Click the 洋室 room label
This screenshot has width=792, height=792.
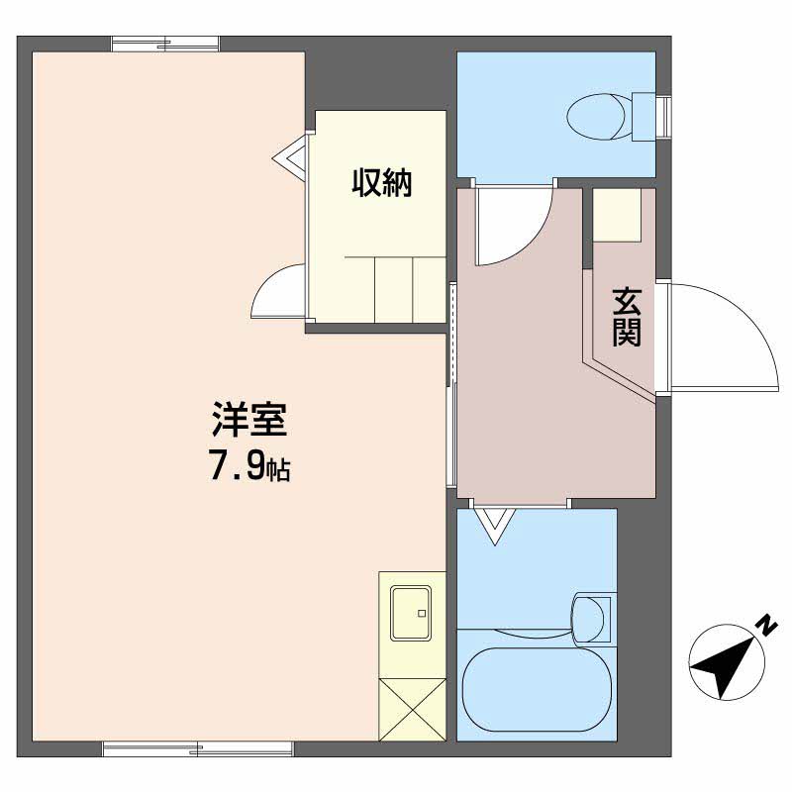coord(248,421)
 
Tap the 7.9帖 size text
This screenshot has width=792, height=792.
coord(248,466)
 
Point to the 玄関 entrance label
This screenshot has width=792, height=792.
coord(626,317)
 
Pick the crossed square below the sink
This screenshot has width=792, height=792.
coord(408,708)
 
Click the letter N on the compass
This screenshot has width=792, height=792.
coord(765,625)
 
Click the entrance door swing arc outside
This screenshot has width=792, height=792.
coord(728,337)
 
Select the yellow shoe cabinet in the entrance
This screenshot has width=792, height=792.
coord(617,213)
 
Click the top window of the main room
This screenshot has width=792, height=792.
coord(165,43)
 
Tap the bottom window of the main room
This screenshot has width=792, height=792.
coord(198,749)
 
